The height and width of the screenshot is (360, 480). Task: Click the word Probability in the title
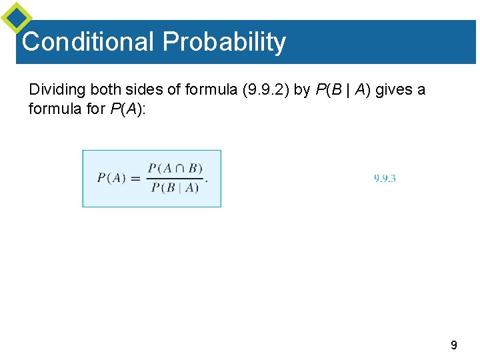point(224,41)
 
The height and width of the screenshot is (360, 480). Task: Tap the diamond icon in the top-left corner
point(16,18)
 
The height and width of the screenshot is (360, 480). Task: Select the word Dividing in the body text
point(55,89)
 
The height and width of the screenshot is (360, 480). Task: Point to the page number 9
point(454,345)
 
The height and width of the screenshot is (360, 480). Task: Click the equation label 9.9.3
point(385,178)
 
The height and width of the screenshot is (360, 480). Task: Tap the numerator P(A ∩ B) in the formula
point(175,168)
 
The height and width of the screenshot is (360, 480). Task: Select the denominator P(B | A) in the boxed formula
point(175,188)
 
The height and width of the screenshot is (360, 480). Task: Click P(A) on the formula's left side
point(111,178)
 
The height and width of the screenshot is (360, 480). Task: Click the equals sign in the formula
point(135,178)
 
